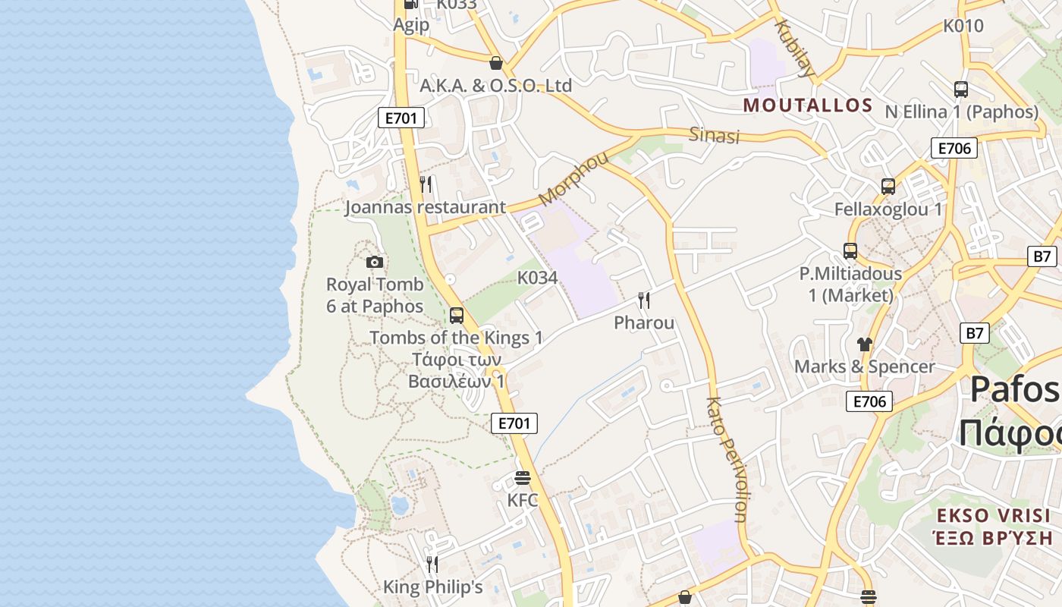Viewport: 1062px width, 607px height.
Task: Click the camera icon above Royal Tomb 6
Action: pyautogui.click(x=375, y=263)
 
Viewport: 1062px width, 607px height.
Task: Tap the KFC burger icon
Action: pyautogui.click(x=523, y=478)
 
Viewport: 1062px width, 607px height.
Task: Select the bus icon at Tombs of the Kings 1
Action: pyautogui.click(x=457, y=315)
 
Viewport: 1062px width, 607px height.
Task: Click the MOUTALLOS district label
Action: pyautogui.click(x=808, y=105)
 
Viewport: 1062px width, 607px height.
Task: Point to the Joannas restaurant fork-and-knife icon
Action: pyautogui.click(x=426, y=184)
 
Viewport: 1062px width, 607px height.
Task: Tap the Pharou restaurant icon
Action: pyautogui.click(x=644, y=300)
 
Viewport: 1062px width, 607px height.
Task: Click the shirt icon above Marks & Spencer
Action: pyautogui.click(x=864, y=344)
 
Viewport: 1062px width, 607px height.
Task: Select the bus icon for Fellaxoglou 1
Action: pyautogui.click(x=888, y=186)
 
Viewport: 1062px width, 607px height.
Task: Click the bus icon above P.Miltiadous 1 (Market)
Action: pyautogui.click(x=850, y=250)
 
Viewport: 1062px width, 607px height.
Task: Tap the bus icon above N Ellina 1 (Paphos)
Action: pyautogui.click(x=961, y=89)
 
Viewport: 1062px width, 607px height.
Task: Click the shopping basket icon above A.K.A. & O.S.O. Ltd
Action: pyautogui.click(x=496, y=62)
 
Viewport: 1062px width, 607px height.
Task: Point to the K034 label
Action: pyautogui.click(x=538, y=278)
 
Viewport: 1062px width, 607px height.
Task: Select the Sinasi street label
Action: pyautogui.click(x=714, y=135)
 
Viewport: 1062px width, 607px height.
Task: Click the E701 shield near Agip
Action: pyautogui.click(x=401, y=118)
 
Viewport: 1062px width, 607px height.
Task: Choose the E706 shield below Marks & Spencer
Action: pyautogui.click(x=869, y=401)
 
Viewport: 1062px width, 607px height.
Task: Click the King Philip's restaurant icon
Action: pyautogui.click(x=432, y=564)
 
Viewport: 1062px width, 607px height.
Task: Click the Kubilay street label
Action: pyautogui.click(x=794, y=49)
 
